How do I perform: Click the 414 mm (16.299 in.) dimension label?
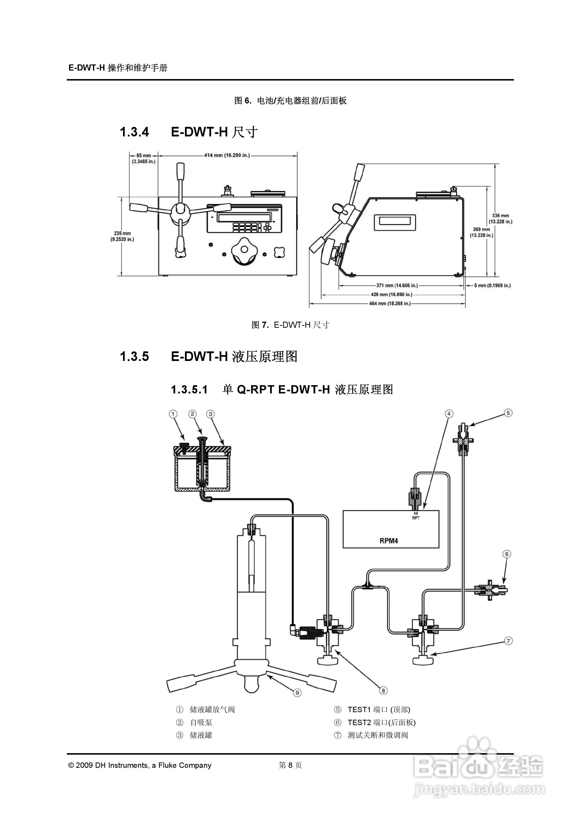point(227,155)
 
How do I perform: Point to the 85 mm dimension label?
point(143,158)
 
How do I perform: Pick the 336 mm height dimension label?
point(500,218)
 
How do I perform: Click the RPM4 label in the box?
point(388,541)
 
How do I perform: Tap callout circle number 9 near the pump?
point(297,693)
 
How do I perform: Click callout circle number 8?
point(383,691)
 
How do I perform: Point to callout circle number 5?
point(508,413)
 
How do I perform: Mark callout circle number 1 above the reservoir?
point(173,414)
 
